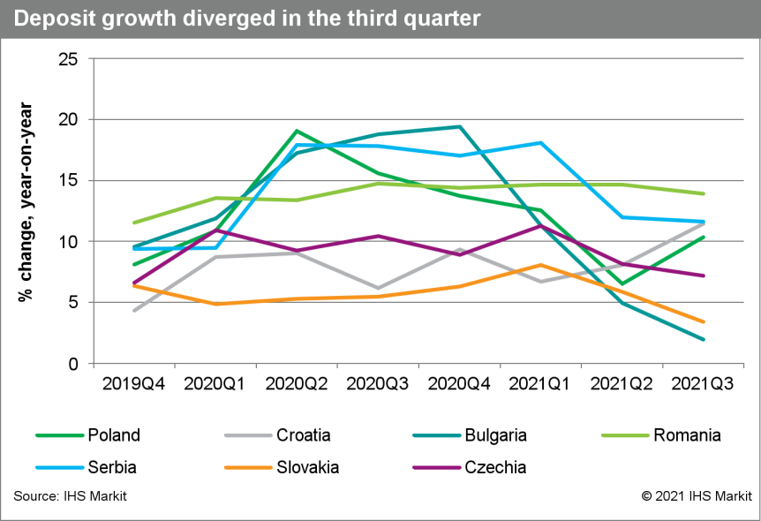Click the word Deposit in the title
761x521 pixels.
pyautogui.click(x=53, y=19)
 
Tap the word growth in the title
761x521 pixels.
pyautogui.click(x=133, y=19)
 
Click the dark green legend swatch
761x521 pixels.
pyautogui.click(x=60, y=435)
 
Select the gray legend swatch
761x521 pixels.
pyautogui.click(x=248, y=435)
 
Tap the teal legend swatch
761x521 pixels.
pyautogui.click(x=437, y=435)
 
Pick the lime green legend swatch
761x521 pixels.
pyautogui.click(x=625, y=435)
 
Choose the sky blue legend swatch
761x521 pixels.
pyautogui.click(x=60, y=467)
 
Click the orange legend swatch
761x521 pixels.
pyautogui.click(x=248, y=467)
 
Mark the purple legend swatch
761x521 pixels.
pyautogui.click(x=437, y=467)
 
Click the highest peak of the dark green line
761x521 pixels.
pyautogui.click(x=297, y=131)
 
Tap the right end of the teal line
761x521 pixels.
pyautogui.click(x=704, y=339)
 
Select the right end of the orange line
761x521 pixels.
pyautogui.click(x=704, y=321)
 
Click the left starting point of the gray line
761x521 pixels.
pyautogui.click(x=133, y=311)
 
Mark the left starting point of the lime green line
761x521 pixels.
pyautogui.click(x=133, y=223)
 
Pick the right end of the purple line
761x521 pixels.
pyautogui.click(x=704, y=276)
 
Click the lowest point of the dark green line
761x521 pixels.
pyautogui.click(x=623, y=284)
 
